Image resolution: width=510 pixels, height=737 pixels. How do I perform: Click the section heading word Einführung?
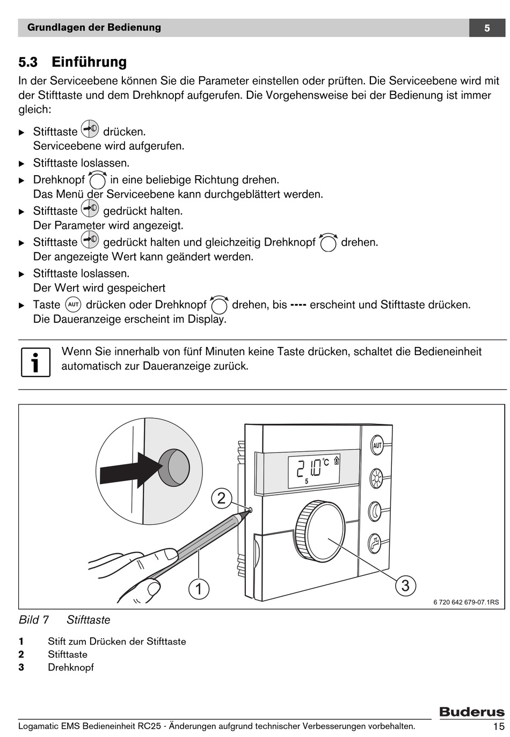89,62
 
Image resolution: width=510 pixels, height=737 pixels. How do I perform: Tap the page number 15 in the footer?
497,726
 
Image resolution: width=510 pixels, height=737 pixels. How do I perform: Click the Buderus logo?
472,712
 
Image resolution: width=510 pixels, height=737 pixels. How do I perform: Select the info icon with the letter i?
35,362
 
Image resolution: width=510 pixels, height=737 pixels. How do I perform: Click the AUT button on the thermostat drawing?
377,445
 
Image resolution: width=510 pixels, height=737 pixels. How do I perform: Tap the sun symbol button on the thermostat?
376,478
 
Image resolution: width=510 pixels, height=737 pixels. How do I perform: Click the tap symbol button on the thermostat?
375,543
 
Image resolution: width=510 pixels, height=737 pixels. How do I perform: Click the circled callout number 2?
221,498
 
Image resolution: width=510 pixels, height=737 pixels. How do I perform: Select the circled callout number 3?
405,585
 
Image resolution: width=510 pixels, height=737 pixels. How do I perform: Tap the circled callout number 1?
199,589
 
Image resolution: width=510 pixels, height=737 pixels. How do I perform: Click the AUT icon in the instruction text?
73,305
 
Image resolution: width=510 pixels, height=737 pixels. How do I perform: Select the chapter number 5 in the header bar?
487,28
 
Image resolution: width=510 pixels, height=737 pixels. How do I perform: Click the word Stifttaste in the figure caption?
89,620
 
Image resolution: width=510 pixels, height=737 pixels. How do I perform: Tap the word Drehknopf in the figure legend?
71,667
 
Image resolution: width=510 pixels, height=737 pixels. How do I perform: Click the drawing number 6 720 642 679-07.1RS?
466,602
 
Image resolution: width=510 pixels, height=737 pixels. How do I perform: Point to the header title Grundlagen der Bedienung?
94,27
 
